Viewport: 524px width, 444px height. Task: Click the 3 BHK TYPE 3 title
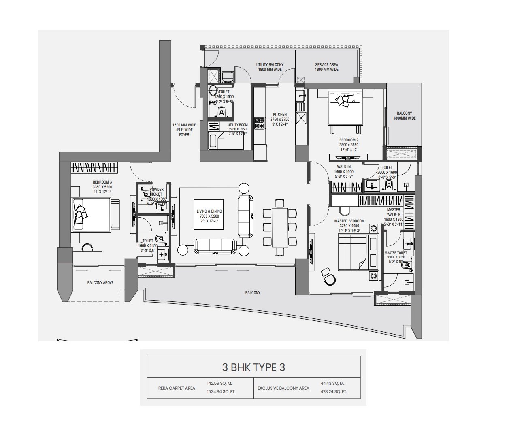click(x=253, y=367)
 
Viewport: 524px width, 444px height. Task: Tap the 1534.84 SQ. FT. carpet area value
click(x=219, y=392)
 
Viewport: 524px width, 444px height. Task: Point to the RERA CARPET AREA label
click(x=177, y=388)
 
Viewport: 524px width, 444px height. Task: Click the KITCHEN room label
click(x=280, y=115)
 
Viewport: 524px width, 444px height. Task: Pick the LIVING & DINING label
click(x=209, y=211)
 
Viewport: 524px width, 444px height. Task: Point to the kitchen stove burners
click(x=259, y=123)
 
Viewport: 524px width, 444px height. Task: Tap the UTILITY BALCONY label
click(x=270, y=65)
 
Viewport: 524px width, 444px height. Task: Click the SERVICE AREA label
click(x=326, y=65)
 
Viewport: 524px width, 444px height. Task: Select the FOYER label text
click(x=184, y=135)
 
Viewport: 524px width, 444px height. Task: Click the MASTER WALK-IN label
click(x=394, y=212)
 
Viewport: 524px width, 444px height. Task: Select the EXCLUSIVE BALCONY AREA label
click(x=283, y=388)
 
